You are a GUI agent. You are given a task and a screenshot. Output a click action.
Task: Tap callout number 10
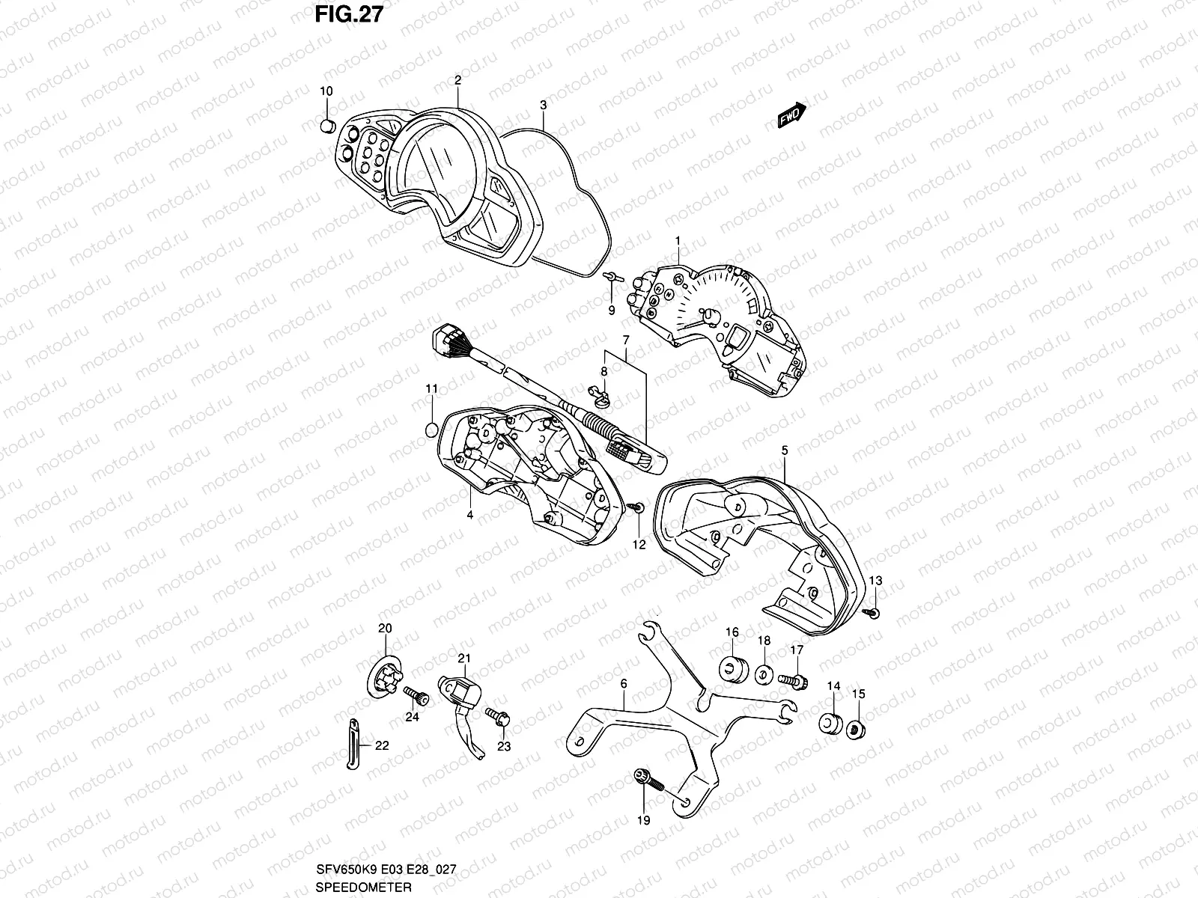pos(326,91)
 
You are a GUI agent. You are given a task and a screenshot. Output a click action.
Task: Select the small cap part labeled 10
pos(327,125)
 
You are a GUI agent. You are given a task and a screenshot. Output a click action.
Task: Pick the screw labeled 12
pos(636,508)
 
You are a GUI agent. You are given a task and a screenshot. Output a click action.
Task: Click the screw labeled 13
pos(873,613)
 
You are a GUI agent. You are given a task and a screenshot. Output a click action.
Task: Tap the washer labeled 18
pos(764,674)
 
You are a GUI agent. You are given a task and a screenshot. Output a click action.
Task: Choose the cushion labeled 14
pos(830,724)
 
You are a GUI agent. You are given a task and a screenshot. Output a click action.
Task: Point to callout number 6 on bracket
pos(623,684)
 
